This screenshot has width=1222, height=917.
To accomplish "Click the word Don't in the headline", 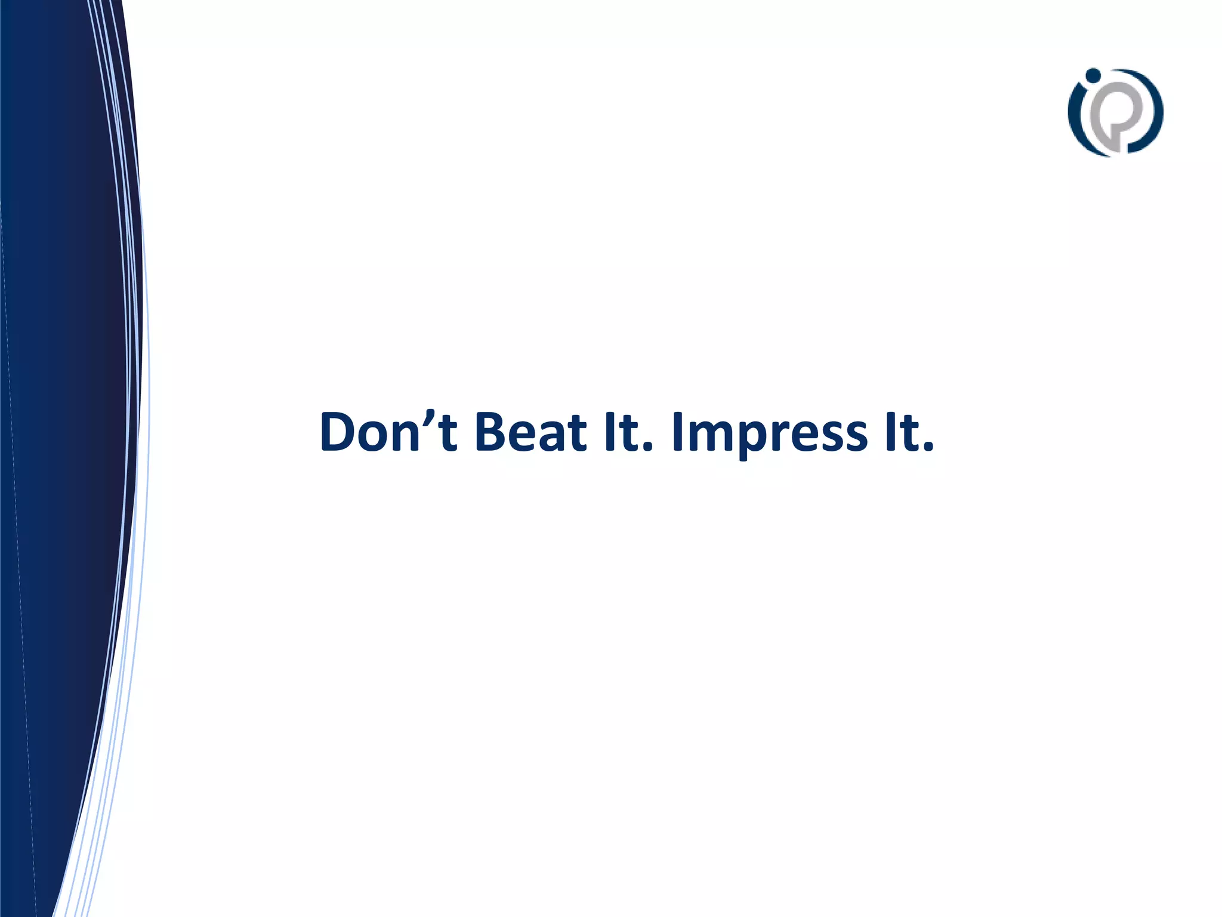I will click(x=388, y=432).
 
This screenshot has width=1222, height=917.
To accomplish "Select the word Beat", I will click(x=531, y=432).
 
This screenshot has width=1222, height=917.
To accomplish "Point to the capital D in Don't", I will click(x=340, y=432).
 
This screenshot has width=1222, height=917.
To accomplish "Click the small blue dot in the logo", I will click(x=1093, y=75).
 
